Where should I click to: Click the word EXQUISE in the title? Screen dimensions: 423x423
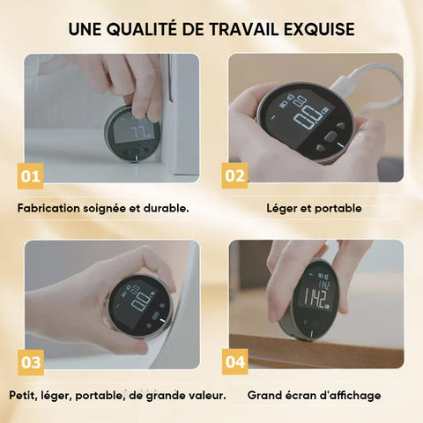click(319, 29)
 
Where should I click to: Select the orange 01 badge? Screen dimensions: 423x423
click(30, 176)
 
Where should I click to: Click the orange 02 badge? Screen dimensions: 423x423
click(234, 175)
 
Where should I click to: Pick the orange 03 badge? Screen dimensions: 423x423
click(31, 362)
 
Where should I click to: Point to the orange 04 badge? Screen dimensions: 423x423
click(235, 362)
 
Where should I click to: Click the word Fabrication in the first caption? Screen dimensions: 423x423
click(48, 208)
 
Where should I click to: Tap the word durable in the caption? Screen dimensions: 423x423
click(166, 208)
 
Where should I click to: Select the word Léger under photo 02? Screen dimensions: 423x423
click(281, 209)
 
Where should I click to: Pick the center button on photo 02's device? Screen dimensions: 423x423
click(331, 136)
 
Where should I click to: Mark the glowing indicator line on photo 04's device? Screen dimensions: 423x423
click(311, 335)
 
